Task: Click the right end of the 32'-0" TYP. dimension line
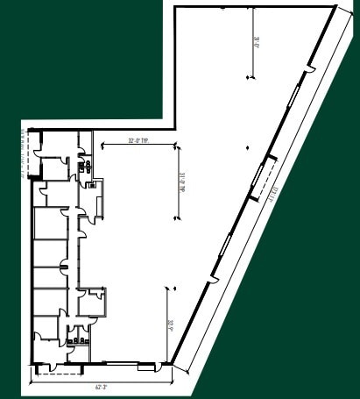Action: point(175,142)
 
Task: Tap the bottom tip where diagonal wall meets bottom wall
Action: point(174,364)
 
